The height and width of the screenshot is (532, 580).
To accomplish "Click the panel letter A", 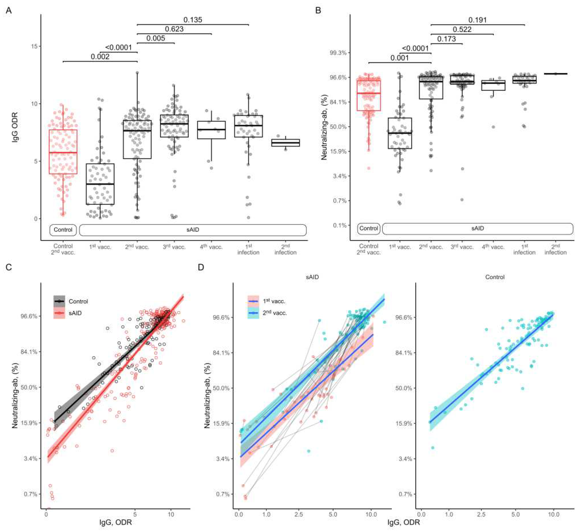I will point(9,11).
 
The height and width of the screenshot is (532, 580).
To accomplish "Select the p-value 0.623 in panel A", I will point(174,29).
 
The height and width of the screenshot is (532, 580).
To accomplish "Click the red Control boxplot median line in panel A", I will point(63,152).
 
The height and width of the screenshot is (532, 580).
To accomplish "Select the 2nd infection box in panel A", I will point(285,143).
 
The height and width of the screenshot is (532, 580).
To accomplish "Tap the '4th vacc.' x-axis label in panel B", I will point(493,247).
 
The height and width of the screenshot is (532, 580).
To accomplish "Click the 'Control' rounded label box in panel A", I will point(63,230).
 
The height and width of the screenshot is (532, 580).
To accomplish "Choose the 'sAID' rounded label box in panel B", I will point(478,228).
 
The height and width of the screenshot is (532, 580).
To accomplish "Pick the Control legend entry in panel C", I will point(78,301).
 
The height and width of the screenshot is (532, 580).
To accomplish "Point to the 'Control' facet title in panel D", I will point(495,277).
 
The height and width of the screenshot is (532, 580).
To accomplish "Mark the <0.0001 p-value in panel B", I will point(415,48).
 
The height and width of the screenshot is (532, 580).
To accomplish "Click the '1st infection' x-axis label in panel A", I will point(248,249).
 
